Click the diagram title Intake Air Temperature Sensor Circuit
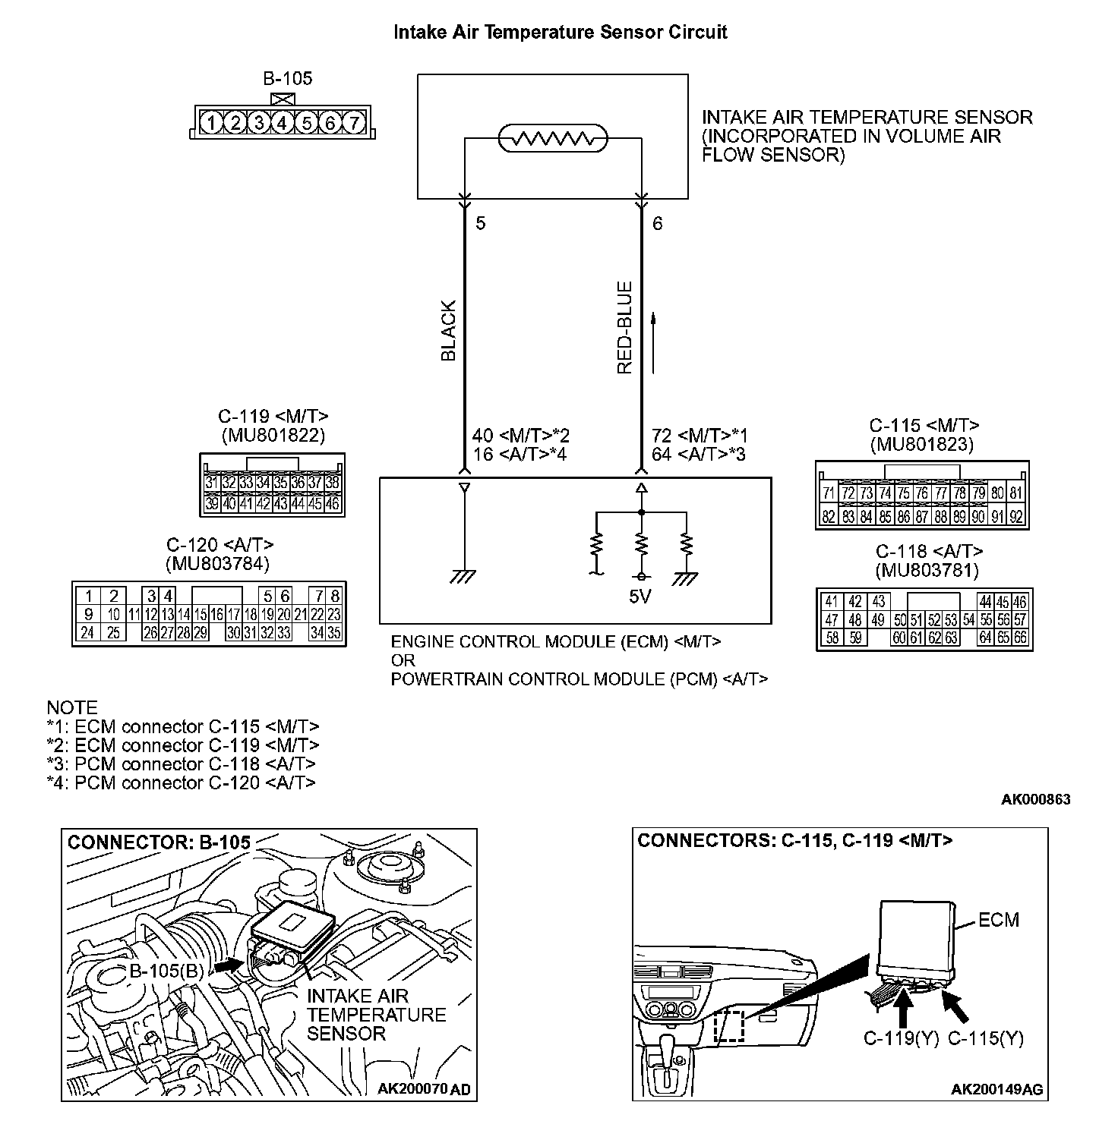(x=561, y=33)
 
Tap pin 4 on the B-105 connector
(x=283, y=122)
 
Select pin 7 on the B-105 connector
(x=354, y=122)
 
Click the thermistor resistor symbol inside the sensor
(x=553, y=139)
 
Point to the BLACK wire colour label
(x=449, y=331)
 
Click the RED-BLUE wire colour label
(x=625, y=328)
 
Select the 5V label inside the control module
(x=640, y=597)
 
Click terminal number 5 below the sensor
(x=480, y=224)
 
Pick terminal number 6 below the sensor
(x=658, y=224)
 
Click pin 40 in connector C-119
(x=229, y=503)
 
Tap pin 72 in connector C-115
(x=848, y=493)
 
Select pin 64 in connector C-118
(x=985, y=638)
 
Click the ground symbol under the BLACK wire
(x=463, y=578)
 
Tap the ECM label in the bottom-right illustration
(x=998, y=921)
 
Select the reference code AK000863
(x=1036, y=799)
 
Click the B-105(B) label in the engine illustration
(x=166, y=971)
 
